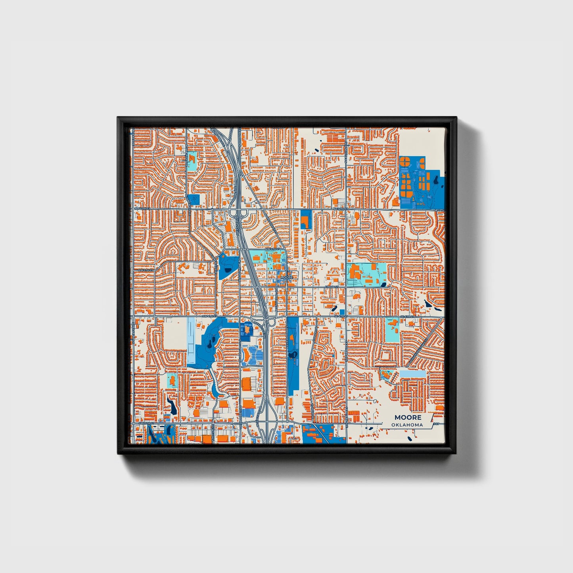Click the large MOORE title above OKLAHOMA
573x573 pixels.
pos(408,418)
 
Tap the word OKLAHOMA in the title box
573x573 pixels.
pos(407,425)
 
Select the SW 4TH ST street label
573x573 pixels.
pos(209,316)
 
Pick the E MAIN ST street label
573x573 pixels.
pos(332,287)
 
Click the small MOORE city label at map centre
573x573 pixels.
pos(287,278)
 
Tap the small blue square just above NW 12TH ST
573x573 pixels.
pos(194,199)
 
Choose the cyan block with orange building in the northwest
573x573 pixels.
pos(192,161)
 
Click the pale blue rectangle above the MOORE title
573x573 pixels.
pos(412,374)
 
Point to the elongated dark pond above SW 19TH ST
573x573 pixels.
pos(171,405)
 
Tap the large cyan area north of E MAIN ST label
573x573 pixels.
pos(367,274)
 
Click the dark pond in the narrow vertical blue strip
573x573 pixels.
pos(293,355)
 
